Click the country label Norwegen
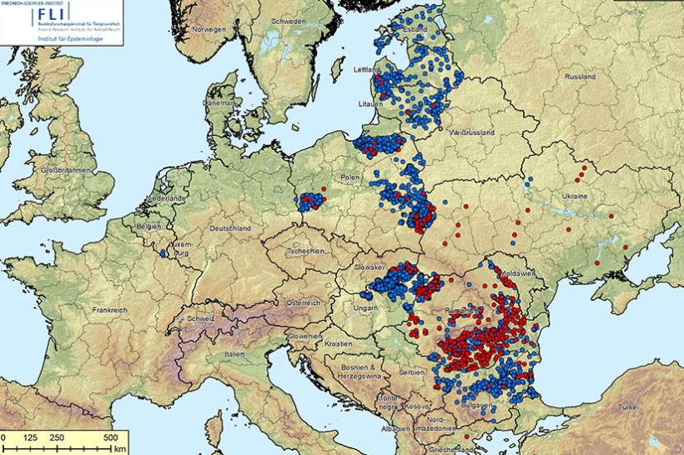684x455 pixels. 209,29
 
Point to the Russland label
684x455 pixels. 580,77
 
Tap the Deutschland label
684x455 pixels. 230,227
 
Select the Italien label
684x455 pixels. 234,354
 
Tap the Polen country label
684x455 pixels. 350,177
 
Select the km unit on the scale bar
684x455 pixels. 120,448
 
